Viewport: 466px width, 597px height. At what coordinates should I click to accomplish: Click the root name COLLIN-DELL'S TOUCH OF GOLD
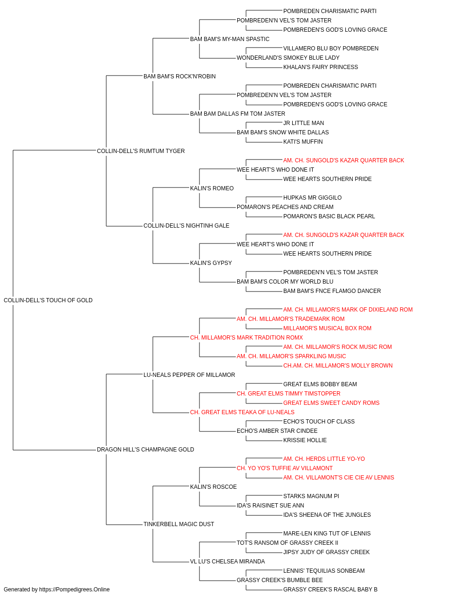click(48, 300)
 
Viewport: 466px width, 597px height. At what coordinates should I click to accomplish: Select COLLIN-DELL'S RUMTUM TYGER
click(141, 151)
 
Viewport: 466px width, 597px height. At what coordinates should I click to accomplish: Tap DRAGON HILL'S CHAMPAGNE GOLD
click(145, 450)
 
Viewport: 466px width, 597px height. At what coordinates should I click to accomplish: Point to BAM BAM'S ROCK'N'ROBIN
click(179, 76)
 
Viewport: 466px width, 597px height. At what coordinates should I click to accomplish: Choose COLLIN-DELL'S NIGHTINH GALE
click(186, 226)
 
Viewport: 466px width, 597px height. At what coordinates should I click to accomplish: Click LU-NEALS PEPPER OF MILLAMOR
click(189, 375)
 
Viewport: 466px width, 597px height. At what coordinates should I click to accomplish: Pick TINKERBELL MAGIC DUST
click(178, 524)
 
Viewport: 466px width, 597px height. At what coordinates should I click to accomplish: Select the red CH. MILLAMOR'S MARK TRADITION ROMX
click(247, 338)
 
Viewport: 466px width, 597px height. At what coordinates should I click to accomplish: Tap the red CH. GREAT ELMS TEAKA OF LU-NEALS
click(242, 412)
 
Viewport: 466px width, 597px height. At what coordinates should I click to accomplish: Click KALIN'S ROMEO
click(212, 188)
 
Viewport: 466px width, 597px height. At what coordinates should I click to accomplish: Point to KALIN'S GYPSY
click(211, 263)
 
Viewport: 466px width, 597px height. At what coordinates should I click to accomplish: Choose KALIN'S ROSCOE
click(213, 487)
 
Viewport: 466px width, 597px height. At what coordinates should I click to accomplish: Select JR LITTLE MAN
click(303, 123)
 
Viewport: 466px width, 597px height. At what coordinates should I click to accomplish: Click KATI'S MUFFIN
click(303, 142)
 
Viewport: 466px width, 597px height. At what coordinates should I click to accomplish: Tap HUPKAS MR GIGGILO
click(313, 198)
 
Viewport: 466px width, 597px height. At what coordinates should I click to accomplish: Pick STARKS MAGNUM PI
click(311, 496)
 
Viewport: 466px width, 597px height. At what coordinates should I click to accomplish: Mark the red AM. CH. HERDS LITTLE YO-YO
click(324, 459)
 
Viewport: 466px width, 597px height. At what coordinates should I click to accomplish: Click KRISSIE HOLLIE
click(305, 440)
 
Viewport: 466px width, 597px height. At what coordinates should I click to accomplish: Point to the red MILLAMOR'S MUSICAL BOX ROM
click(328, 328)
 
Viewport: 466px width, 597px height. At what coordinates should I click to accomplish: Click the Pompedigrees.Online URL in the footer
click(75, 590)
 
